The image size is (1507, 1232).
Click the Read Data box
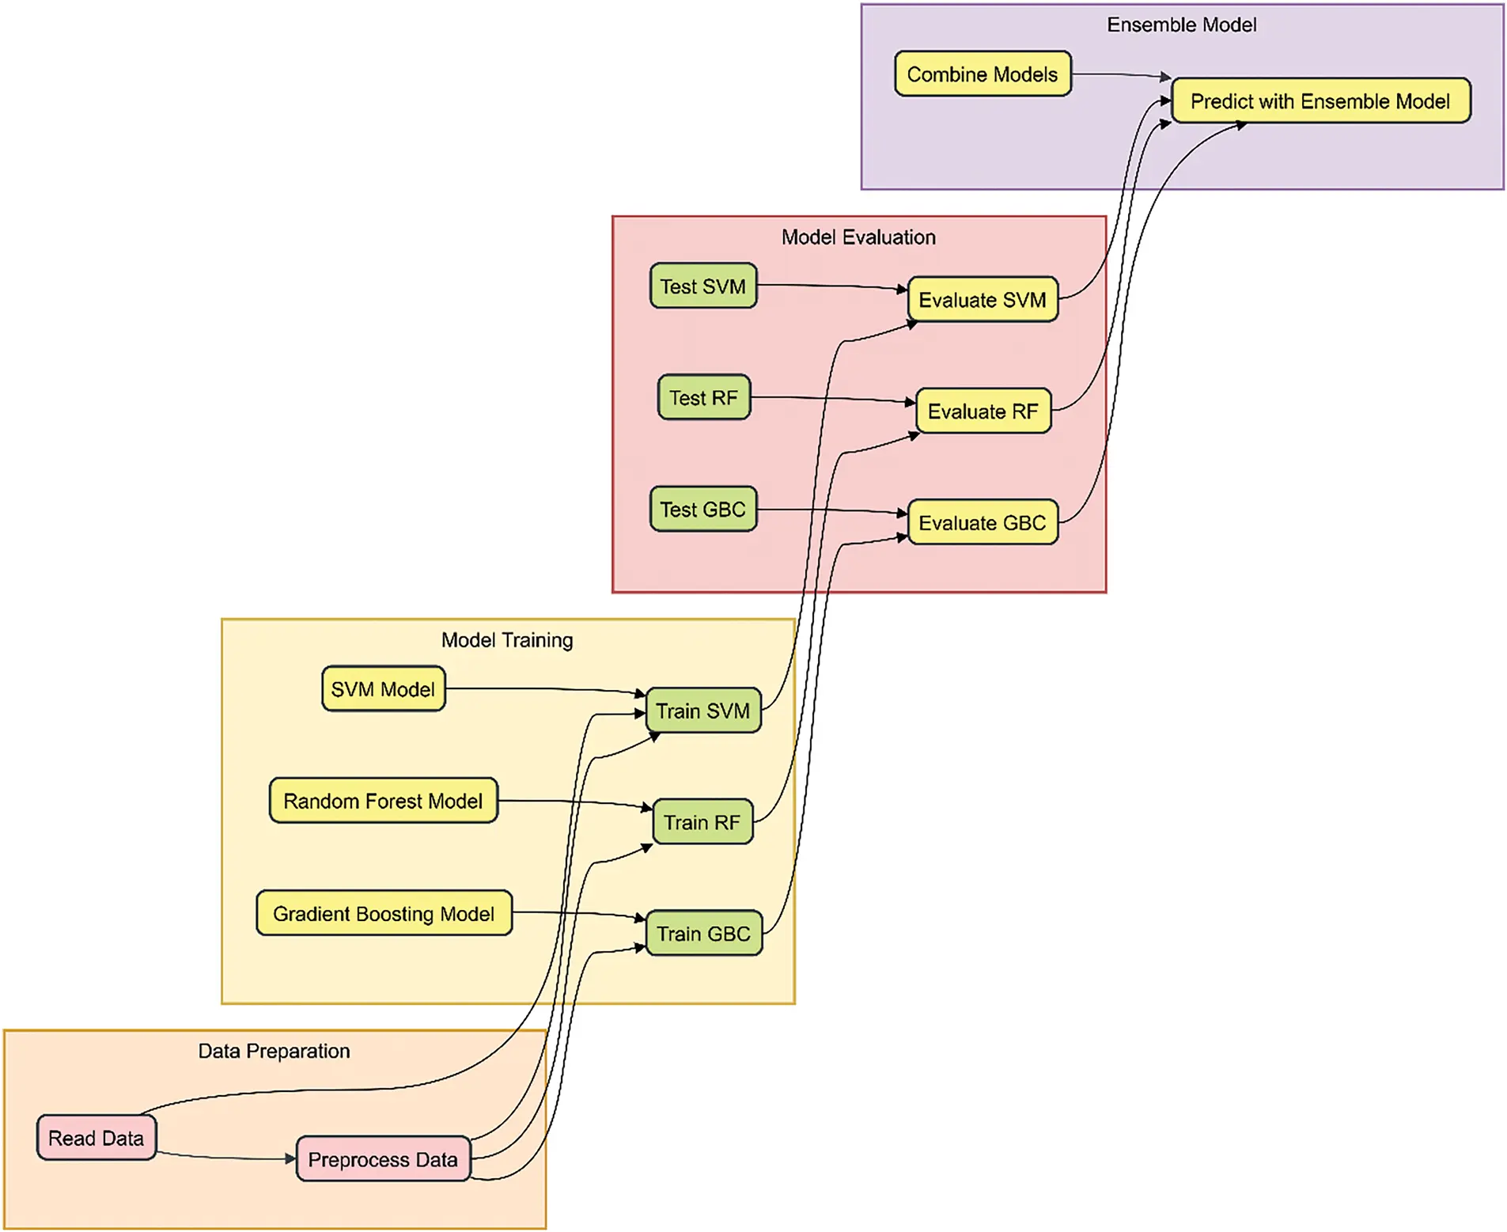pos(96,1137)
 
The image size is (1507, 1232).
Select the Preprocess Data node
pos(383,1159)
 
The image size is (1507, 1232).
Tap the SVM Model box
pos(383,688)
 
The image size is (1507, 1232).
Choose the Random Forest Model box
pos(383,801)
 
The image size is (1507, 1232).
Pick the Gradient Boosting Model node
pos(384,913)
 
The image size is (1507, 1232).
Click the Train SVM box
pos(702,711)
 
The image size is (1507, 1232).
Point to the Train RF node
pos(702,822)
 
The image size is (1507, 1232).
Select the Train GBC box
pos(703,934)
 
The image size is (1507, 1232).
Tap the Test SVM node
pos(702,286)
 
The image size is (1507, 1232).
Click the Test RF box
pos(703,397)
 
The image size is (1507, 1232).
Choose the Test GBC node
pos(702,509)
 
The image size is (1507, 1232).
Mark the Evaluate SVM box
pos(982,299)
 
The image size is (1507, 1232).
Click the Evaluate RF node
pos(983,411)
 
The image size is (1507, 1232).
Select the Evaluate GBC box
pos(982,522)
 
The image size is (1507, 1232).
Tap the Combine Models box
pos(982,74)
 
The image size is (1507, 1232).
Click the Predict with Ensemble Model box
pos(1320,100)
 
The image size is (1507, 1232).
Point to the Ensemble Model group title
pos(1181,25)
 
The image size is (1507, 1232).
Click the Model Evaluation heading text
pos(858,237)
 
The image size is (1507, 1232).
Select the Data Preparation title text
pos(274,1051)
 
